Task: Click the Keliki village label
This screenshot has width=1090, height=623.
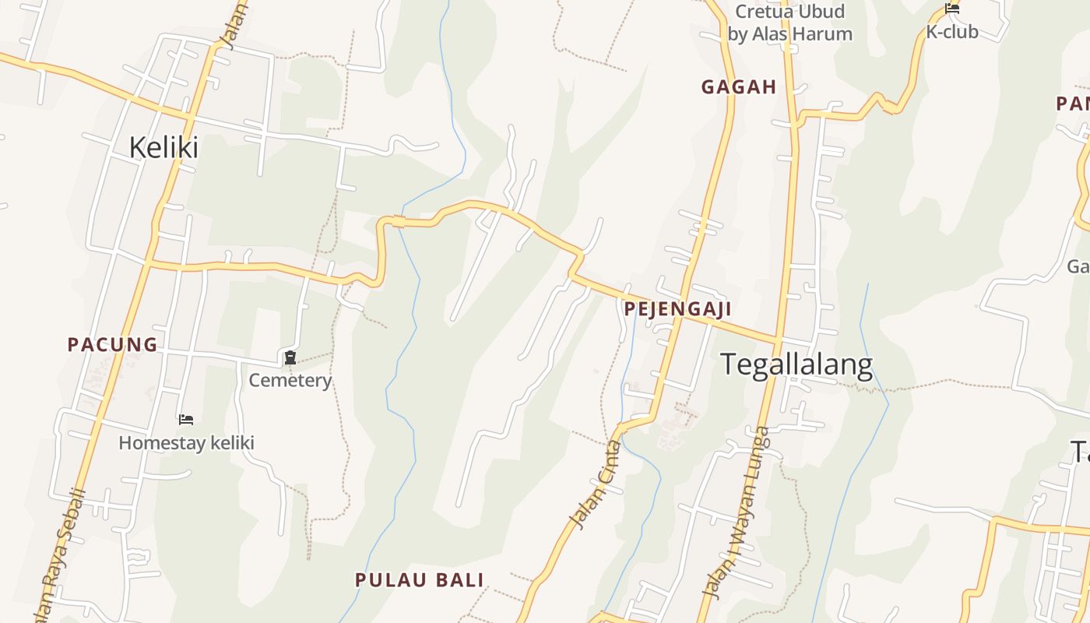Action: tap(163, 147)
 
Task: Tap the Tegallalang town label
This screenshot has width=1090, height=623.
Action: tap(796, 364)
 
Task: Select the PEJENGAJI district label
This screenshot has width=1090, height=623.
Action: tap(677, 309)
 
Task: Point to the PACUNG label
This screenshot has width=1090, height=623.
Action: tap(112, 344)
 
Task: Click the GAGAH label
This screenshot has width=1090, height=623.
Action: tap(739, 87)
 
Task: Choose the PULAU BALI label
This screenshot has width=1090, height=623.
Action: tap(420, 580)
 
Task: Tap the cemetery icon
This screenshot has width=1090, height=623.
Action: tap(290, 357)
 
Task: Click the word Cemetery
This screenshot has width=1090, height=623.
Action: tap(290, 381)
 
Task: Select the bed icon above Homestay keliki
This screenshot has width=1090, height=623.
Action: tap(186, 420)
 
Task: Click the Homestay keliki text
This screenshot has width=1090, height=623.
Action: tap(187, 443)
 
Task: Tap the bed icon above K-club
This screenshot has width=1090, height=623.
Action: tap(951, 9)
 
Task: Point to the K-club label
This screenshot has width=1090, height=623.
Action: tap(951, 33)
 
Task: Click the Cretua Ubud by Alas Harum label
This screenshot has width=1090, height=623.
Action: tap(789, 23)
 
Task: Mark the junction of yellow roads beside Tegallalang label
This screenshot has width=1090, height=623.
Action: tap(777, 341)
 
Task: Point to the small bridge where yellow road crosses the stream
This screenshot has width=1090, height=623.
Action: tap(399, 222)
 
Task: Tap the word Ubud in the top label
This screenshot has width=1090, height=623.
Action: tap(819, 12)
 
